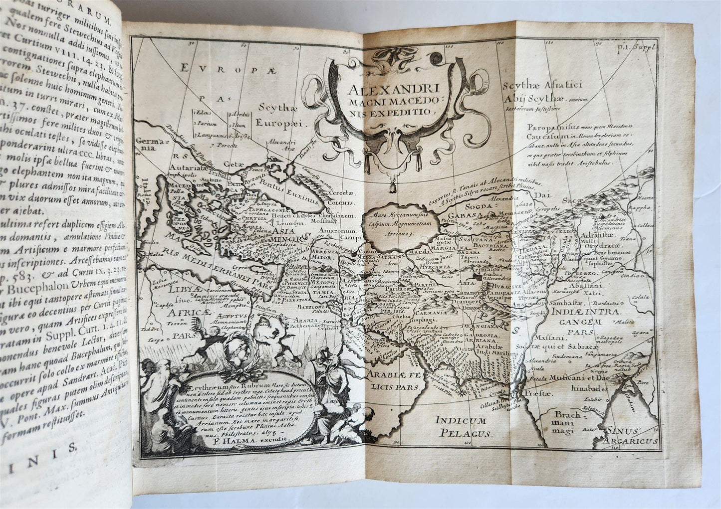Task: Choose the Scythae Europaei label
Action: coord(278,114)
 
